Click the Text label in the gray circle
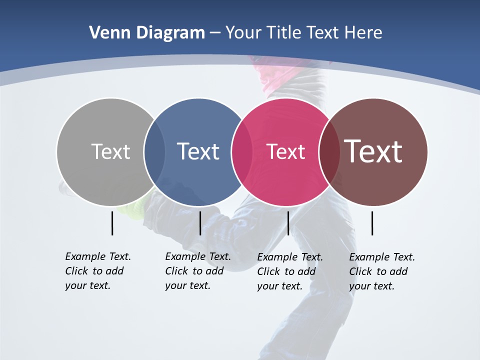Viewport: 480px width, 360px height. pyautogui.click(x=110, y=151)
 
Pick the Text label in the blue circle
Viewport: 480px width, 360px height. pyautogui.click(x=198, y=151)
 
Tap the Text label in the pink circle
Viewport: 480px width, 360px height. pyautogui.click(x=285, y=151)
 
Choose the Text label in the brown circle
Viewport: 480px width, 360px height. pyautogui.click(x=373, y=151)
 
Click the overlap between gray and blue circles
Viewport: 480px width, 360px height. pyautogui.click(x=154, y=151)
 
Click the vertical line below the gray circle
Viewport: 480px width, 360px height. pyautogui.click(x=112, y=223)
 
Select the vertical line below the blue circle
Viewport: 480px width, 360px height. pyautogui.click(x=200, y=223)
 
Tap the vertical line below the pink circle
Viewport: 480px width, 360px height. pyautogui.click(x=288, y=223)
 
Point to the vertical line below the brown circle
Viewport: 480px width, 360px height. pyautogui.click(x=372, y=223)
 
